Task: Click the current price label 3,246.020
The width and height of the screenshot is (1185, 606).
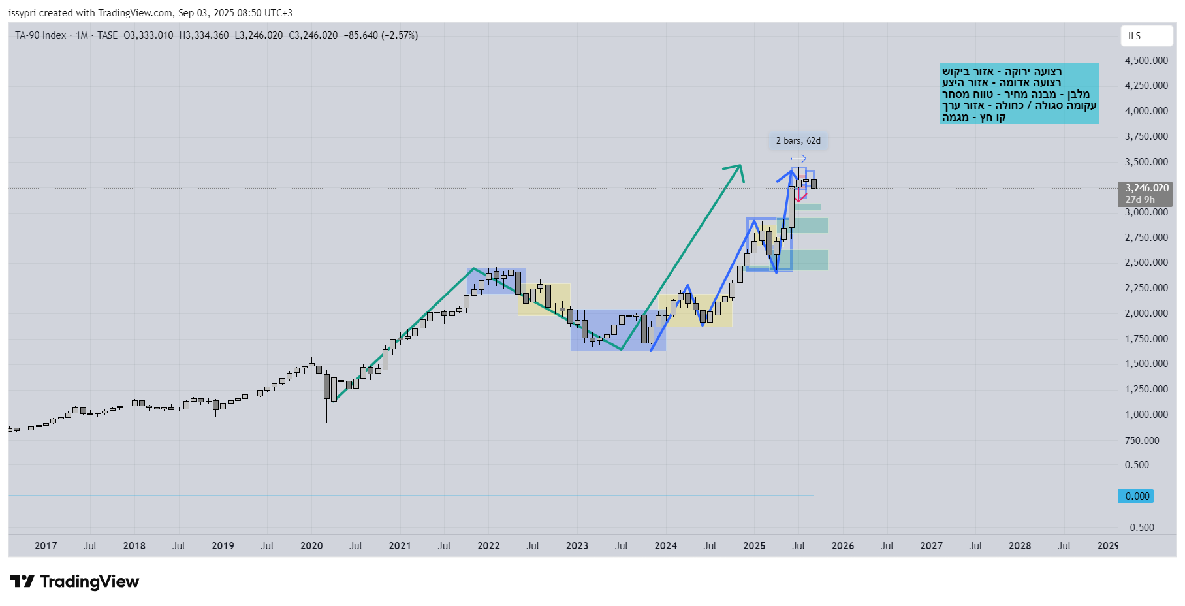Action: (x=1146, y=188)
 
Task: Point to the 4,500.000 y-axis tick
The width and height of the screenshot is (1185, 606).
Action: (x=1146, y=61)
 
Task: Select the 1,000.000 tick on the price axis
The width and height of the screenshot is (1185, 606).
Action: (x=1146, y=415)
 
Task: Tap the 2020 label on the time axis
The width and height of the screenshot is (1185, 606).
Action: (x=311, y=546)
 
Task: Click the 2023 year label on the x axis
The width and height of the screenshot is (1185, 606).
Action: (x=577, y=546)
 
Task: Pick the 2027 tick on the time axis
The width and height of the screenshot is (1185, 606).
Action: (x=931, y=546)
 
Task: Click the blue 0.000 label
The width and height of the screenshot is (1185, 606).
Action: (x=1137, y=496)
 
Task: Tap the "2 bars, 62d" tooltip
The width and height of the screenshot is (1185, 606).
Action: (x=798, y=140)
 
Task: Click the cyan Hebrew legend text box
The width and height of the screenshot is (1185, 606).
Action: (x=1019, y=94)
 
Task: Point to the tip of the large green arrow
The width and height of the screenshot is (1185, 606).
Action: (x=740, y=166)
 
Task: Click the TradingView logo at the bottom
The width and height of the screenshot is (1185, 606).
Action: (x=74, y=582)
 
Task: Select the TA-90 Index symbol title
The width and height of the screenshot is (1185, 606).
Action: (x=40, y=35)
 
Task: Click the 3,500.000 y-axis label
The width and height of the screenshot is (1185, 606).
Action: (x=1146, y=162)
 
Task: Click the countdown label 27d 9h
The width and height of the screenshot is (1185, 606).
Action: (x=1139, y=200)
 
